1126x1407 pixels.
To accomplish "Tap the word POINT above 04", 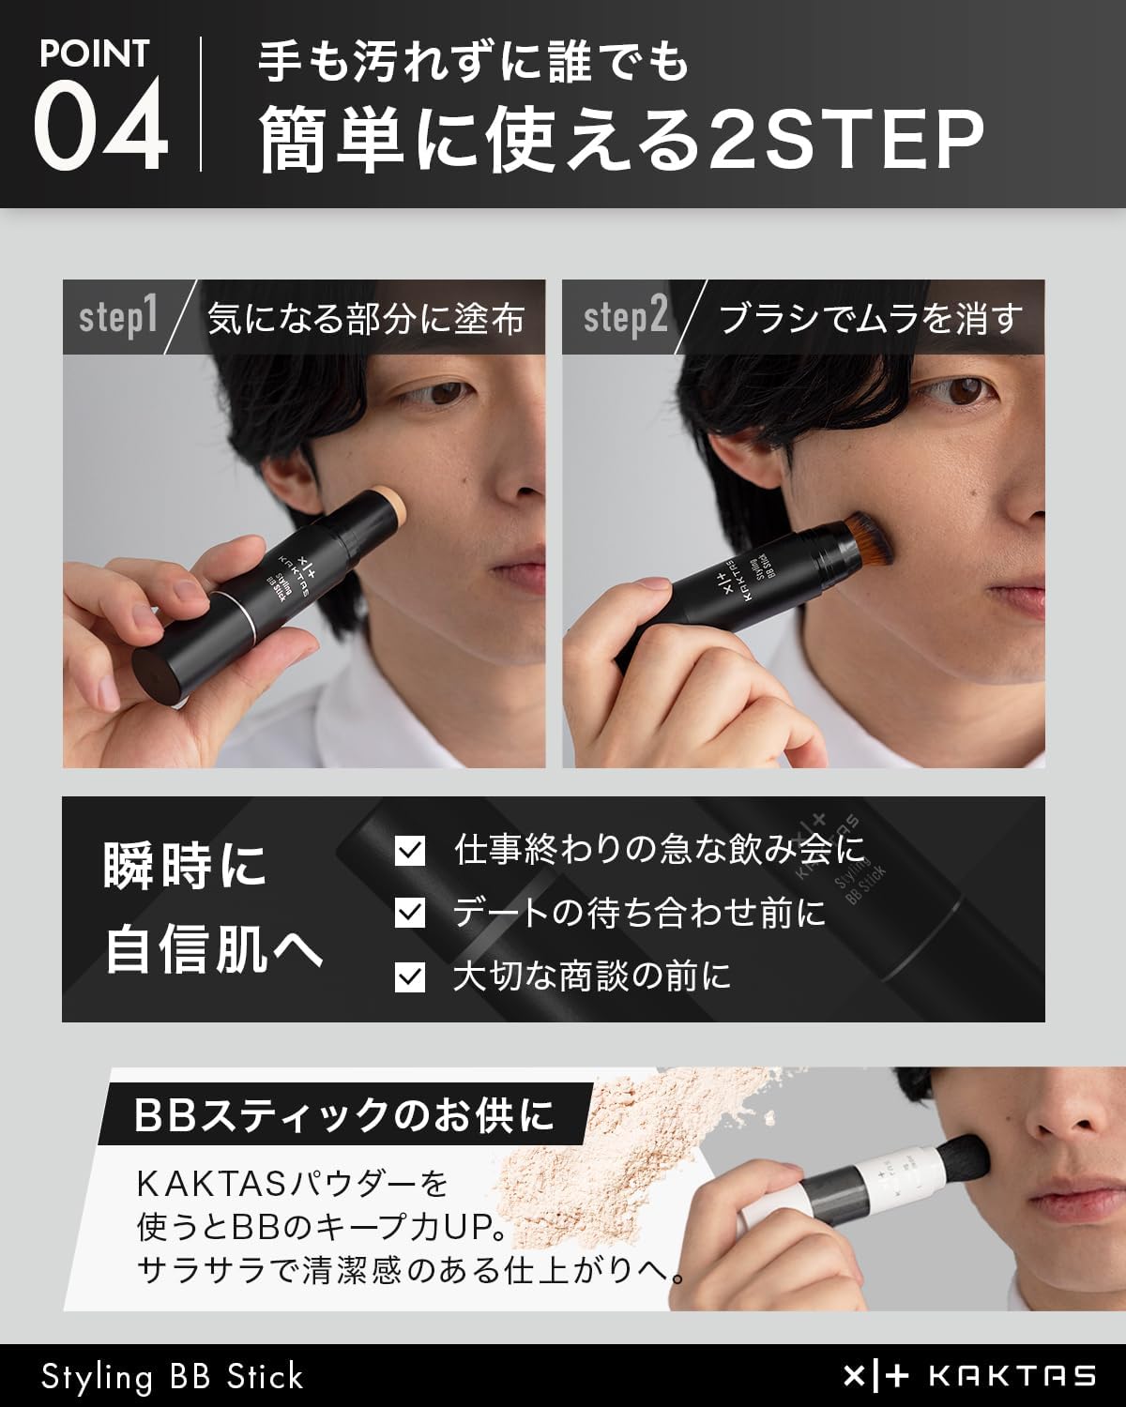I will pyautogui.click(x=94, y=53).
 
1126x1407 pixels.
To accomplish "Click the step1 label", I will pyautogui.click(x=118, y=317).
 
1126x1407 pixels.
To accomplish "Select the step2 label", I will pyautogui.click(x=625, y=317).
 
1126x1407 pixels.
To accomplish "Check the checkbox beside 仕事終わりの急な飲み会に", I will pyautogui.click(x=410, y=850).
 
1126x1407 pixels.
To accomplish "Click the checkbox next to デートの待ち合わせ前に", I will pyautogui.click(x=410, y=913).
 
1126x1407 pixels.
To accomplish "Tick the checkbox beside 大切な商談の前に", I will pyautogui.click(x=410, y=976).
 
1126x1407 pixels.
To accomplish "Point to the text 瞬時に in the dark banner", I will pyautogui.click(x=186, y=865).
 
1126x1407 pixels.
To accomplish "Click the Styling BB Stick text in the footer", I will pyautogui.click(x=173, y=1376).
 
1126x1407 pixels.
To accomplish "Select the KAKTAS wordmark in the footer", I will pyautogui.click(x=1012, y=1376).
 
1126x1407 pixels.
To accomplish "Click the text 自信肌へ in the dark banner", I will pyautogui.click(x=214, y=949).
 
